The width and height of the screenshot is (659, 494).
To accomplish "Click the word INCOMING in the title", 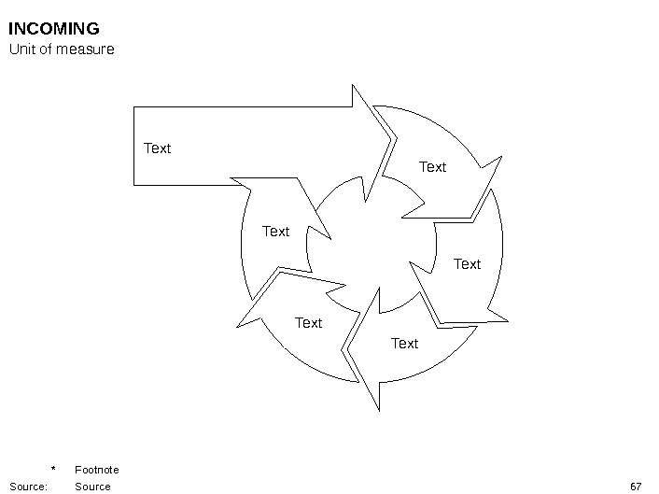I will tap(53, 29).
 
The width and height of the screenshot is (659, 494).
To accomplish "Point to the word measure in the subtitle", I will tap(86, 49).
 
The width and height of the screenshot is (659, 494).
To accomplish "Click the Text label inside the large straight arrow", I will tap(157, 148).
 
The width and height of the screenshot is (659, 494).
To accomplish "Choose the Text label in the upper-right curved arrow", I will tap(432, 167).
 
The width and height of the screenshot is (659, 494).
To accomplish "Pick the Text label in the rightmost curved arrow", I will tap(467, 264).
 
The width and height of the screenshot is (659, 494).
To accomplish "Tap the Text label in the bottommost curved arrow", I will tap(404, 344).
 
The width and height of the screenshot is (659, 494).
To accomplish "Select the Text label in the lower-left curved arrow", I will tap(308, 323).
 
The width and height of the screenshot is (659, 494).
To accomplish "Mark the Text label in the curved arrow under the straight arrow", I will tap(275, 232).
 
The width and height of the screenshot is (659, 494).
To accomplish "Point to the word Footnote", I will tap(96, 470).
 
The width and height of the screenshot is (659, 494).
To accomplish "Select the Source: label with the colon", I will tap(28, 487).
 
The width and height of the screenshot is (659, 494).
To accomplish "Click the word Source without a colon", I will tap(92, 487).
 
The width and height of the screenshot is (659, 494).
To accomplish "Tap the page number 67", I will tap(636, 487).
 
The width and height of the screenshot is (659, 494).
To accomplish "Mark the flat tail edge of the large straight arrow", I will tap(134, 146).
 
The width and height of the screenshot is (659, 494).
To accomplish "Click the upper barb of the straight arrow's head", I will tap(354, 87).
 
